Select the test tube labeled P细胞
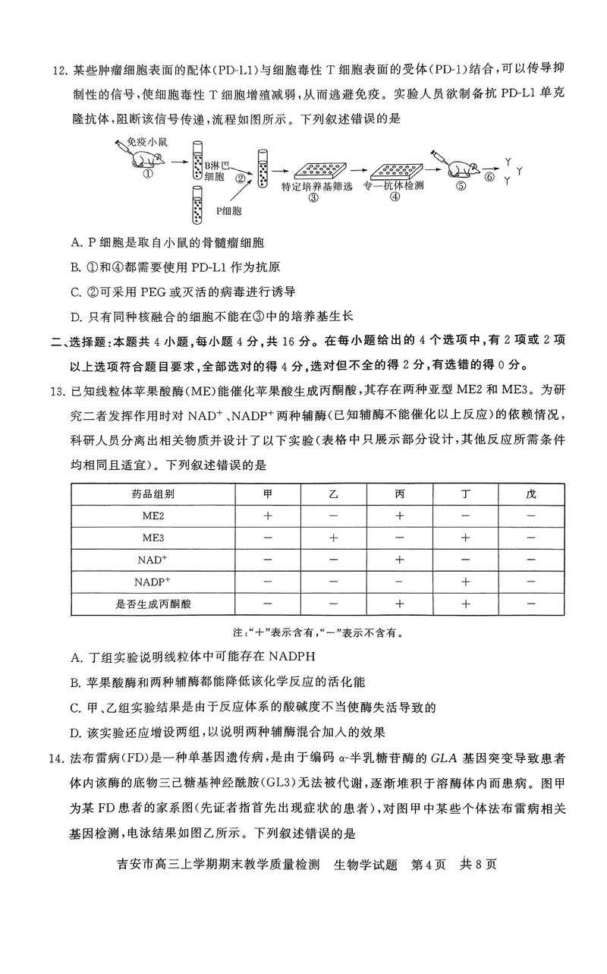[197, 204]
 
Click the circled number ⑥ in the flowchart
[490, 177]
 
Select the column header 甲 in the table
[267, 493]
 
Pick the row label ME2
[153, 515]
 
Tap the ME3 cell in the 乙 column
[333, 537]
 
